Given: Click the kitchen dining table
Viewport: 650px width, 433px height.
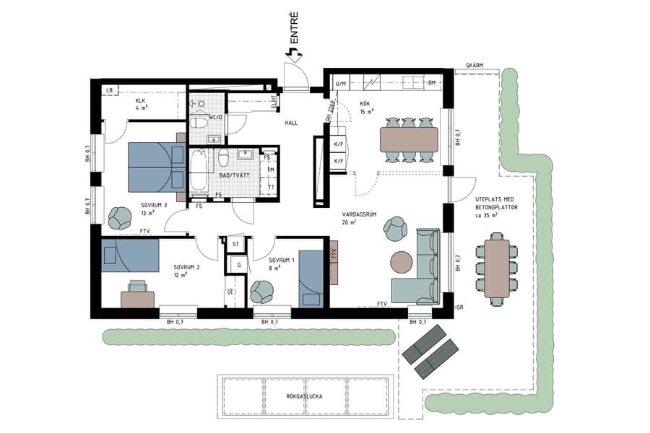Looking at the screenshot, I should (409, 139).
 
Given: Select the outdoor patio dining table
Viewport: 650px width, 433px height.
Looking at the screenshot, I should (497, 264).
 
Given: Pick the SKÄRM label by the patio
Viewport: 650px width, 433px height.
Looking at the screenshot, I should (474, 65).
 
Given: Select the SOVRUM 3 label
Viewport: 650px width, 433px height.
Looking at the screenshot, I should (155, 205).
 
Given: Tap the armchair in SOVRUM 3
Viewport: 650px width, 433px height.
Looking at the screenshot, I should (118, 216).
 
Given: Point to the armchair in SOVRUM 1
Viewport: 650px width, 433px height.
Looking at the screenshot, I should (261, 292).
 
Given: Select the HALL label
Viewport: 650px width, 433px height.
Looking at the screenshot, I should (291, 123).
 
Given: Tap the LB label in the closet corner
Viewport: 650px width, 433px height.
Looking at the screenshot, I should (110, 90).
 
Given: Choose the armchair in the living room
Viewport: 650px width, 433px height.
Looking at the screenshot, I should (396, 229).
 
